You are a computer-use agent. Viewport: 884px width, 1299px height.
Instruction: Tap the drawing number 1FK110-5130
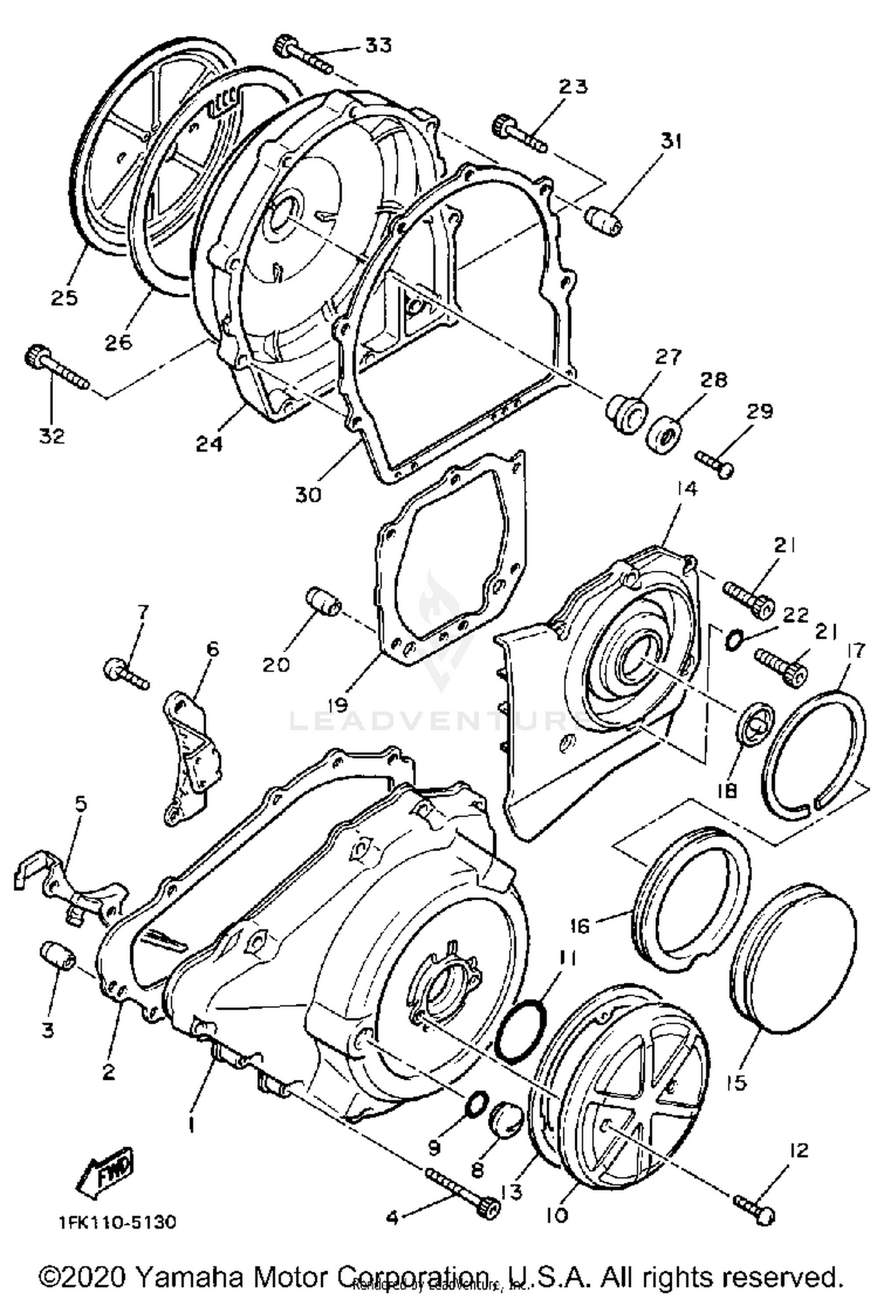pos(117,1222)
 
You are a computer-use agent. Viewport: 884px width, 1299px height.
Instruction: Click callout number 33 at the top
pos(377,45)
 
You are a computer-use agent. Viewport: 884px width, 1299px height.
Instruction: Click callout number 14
pos(687,489)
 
